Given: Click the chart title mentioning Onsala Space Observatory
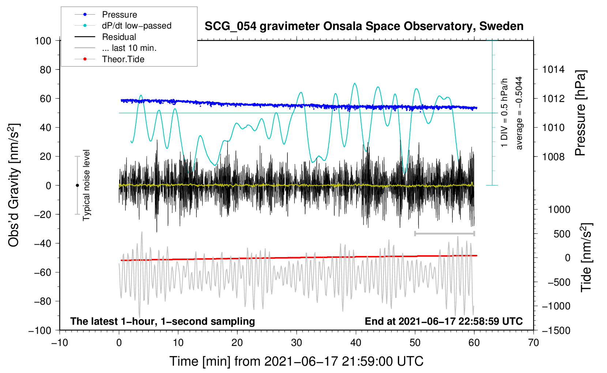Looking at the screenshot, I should click(x=364, y=26).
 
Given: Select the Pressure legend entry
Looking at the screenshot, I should click(x=119, y=15).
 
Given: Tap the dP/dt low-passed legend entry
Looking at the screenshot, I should click(x=136, y=26).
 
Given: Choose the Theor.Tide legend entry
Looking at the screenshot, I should click(x=123, y=59).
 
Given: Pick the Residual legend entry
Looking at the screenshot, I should click(x=119, y=37).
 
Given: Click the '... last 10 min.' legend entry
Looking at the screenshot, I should click(x=129, y=48).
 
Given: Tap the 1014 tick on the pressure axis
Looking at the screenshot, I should click(x=553, y=69).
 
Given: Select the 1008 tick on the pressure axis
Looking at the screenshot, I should click(x=553, y=157).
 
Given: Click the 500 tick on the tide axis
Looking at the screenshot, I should click(x=562, y=234).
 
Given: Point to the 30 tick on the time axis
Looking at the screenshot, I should click(x=297, y=343).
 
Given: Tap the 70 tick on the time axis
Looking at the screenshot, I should click(x=534, y=343).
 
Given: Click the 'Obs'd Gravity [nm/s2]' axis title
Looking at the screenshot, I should click(x=14, y=185).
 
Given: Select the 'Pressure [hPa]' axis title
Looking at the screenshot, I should click(x=580, y=113).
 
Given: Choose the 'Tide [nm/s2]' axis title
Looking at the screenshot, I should click(x=586, y=257).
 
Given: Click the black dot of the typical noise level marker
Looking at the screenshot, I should click(x=77, y=185).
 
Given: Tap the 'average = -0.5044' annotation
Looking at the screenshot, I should click(x=519, y=113).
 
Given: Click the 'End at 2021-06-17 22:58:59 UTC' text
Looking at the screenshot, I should click(x=444, y=321).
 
